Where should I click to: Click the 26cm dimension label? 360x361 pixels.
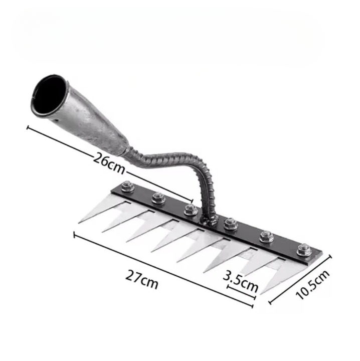click(109, 163)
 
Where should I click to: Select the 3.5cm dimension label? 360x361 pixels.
click(241, 281)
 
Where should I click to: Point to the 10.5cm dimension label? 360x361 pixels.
click(313, 285)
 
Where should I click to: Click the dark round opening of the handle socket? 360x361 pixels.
click(49, 95)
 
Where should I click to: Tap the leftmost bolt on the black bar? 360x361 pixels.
click(127, 186)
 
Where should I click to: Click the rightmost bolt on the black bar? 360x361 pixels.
click(304, 250)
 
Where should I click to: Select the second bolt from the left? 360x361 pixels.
click(158, 198)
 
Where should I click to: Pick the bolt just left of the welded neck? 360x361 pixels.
click(191, 210)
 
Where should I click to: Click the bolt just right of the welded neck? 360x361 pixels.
click(231, 224)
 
